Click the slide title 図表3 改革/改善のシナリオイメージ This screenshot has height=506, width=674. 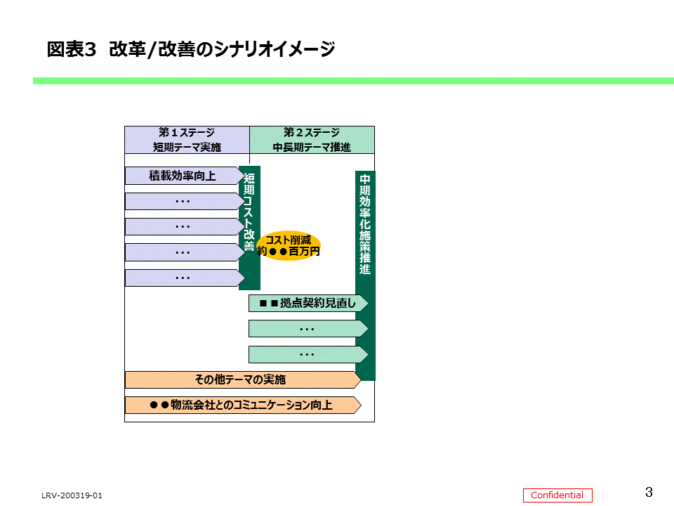point(190,50)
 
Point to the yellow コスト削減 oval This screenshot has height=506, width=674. point(289,245)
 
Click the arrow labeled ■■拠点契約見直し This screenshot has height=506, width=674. point(308,304)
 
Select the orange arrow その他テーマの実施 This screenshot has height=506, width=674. point(241,379)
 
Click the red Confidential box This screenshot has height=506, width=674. point(557,495)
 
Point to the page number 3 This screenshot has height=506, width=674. point(649,491)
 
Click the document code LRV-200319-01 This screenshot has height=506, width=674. point(72,495)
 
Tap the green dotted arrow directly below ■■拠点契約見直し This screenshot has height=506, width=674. point(308,329)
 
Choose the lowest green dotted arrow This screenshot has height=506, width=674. point(308,354)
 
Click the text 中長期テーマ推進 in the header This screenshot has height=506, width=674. point(312,147)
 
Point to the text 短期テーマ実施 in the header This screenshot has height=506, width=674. point(187,147)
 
